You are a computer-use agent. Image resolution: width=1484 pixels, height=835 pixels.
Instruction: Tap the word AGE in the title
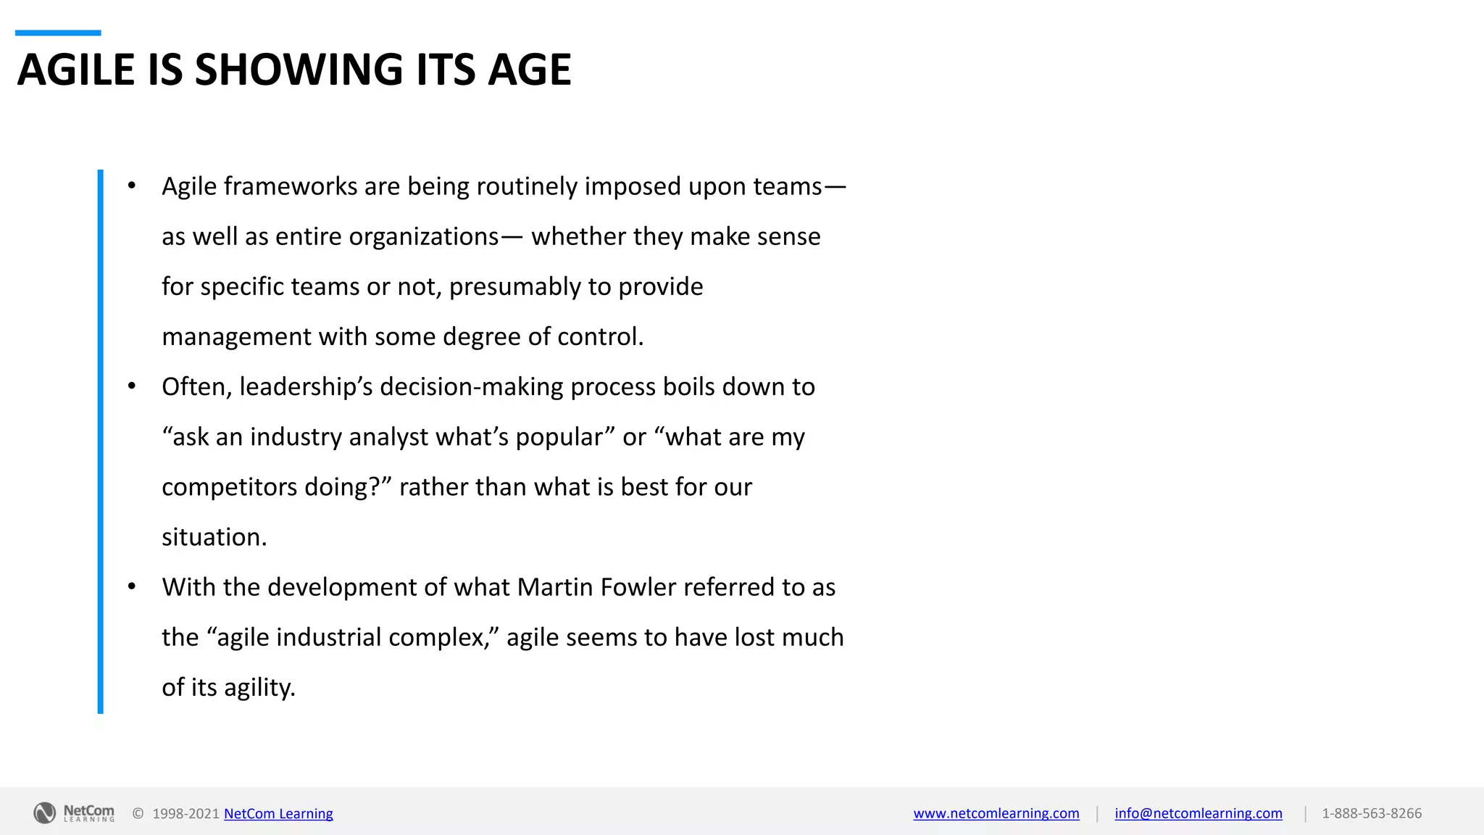(x=529, y=70)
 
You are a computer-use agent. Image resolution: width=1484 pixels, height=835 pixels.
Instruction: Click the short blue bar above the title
(x=58, y=33)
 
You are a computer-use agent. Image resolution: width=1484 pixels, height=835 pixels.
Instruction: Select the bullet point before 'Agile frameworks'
(x=132, y=186)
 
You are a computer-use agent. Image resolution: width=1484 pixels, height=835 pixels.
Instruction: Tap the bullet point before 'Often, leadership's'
(x=132, y=386)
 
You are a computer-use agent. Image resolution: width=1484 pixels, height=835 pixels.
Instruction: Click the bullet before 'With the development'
(x=132, y=587)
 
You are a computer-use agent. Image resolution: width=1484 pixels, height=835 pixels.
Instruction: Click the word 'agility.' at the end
(x=259, y=687)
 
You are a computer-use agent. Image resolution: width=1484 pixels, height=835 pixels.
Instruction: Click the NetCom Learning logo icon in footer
(x=45, y=813)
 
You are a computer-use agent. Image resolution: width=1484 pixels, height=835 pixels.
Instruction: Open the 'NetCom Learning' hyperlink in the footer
(x=278, y=813)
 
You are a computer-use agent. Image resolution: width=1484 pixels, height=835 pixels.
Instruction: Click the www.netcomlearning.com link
(x=996, y=813)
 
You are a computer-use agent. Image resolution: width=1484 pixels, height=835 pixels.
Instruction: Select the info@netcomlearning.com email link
(x=1198, y=813)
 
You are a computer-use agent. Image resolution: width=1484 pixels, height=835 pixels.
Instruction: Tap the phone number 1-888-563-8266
(x=1371, y=813)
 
